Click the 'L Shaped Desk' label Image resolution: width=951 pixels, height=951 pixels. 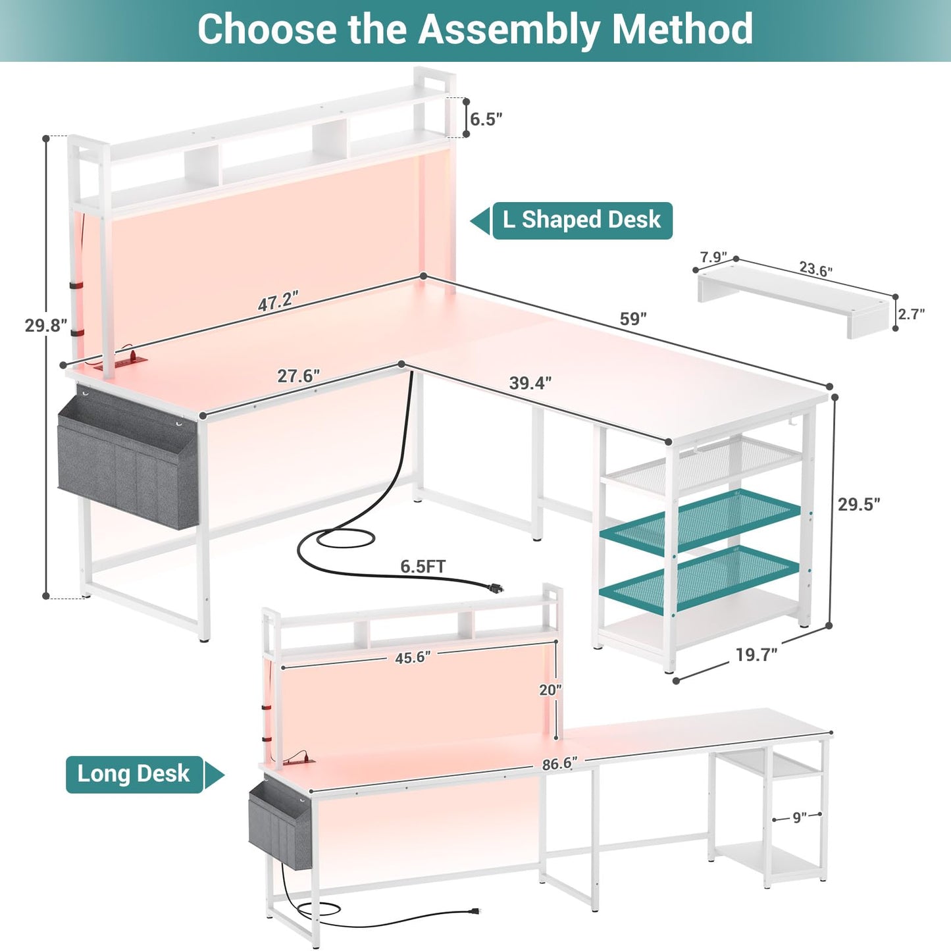(x=582, y=220)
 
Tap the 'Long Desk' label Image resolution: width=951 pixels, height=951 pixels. (x=134, y=775)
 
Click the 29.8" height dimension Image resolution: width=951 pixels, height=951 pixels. (x=46, y=325)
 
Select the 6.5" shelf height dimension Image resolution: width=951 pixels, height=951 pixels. (x=486, y=119)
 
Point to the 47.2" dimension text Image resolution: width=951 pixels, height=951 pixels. (x=278, y=301)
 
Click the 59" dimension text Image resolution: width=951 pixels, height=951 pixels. (x=633, y=319)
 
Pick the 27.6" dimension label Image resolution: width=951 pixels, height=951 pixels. (x=299, y=376)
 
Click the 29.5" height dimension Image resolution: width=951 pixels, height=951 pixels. (x=860, y=504)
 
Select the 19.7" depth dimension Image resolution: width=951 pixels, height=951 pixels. (x=757, y=655)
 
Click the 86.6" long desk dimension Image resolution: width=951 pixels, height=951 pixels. (x=559, y=763)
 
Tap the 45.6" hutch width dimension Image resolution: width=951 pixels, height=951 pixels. (x=413, y=658)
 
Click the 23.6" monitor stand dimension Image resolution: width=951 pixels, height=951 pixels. (x=816, y=269)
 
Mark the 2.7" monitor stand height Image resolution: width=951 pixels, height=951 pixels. (x=911, y=314)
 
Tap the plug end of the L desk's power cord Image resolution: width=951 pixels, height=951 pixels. (x=496, y=588)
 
